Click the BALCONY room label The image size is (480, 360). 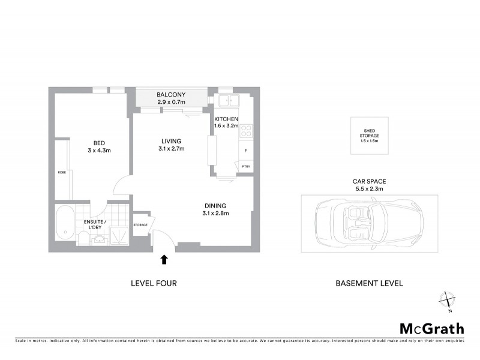[171, 95]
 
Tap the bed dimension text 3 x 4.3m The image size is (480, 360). [98, 151]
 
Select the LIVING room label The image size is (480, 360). [171, 141]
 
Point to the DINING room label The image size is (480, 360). [215, 206]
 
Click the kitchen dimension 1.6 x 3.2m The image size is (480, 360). [227, 127]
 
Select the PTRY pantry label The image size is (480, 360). [245, 166]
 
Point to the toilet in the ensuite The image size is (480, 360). [84, 239]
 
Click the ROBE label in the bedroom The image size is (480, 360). [61, 172]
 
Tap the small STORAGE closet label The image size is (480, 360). [140, 224]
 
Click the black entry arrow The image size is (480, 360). [164, 259]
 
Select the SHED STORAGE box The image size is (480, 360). [370, 136]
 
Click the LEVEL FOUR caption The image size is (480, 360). [154, 283]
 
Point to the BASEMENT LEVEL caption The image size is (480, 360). [368, 283]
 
